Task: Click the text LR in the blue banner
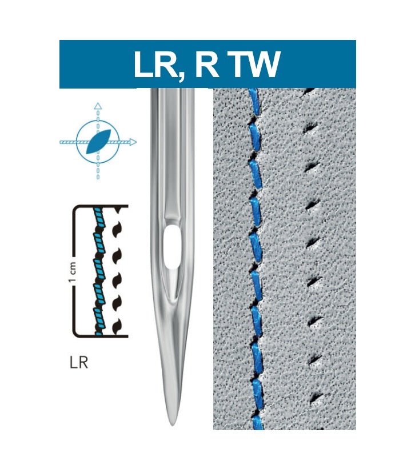tap(154, 65)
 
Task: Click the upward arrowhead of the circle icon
tap(98, 106)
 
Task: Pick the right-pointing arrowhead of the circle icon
tap(133, 142)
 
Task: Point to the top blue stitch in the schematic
tap(102, 216)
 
